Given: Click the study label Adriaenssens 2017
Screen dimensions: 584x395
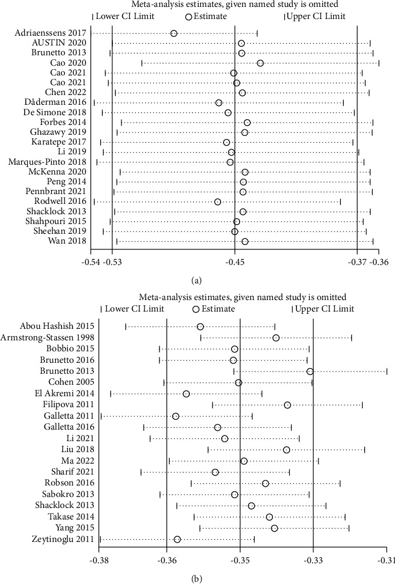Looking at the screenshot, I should [x=50, y=33].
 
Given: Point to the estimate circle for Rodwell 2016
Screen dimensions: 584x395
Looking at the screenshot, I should [x=218, y=202].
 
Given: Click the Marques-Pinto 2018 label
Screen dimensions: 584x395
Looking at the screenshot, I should [x=47, y=162].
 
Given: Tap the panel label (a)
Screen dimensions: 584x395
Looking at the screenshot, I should [x=196, y=280].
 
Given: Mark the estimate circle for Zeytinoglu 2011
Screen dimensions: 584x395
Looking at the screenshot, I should [x=177, y=539].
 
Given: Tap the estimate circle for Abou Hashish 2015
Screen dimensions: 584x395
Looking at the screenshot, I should [x=200, y=327].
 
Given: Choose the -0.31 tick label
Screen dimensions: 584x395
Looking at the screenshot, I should [x=386, y=559].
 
